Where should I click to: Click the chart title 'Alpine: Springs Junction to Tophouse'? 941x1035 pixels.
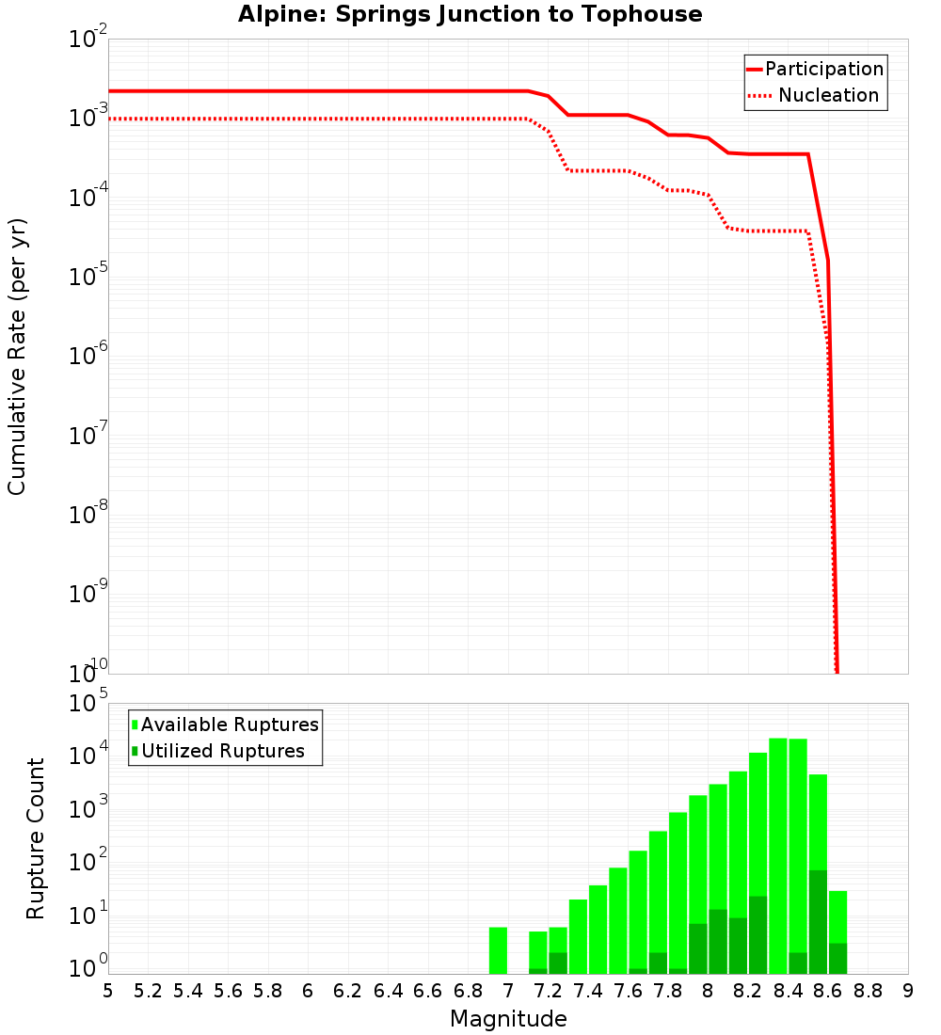point(470,14)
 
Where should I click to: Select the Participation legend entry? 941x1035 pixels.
point(824,69)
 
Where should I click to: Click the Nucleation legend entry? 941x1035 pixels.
point(828,95)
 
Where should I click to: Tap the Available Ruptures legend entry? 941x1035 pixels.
point(230,724)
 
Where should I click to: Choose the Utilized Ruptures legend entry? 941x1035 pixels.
point(222,751)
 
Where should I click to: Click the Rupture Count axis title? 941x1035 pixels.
point(36,838)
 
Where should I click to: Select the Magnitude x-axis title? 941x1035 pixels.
point(508,1019)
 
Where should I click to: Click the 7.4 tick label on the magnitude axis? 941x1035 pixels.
point(588,991)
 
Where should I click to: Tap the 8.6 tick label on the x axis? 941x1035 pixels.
point(828,991)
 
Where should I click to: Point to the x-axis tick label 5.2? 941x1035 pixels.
point(148,991)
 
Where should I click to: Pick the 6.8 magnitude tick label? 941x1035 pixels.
point(468,991)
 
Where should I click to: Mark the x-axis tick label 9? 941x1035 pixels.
point(908,991)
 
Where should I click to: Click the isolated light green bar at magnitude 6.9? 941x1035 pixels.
point(498,950)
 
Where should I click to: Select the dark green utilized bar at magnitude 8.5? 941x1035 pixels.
point(818,922)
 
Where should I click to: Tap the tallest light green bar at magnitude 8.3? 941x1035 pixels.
point(778,847)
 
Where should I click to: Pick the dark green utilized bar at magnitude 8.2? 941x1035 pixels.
point(758,935)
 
